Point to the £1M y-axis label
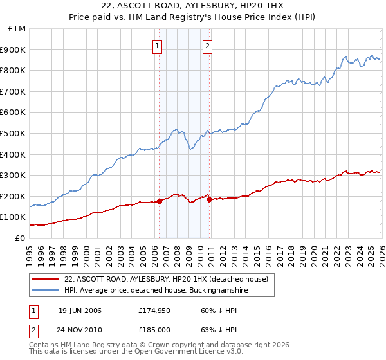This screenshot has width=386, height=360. tap(15, 29)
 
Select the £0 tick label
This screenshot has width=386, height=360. tap(19, 238)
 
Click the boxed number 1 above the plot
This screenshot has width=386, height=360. tap(158, 45)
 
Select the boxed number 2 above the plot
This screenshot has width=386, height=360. tap(208, 45)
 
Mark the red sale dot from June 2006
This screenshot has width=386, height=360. tap(159, 201)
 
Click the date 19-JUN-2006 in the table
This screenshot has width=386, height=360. tap(80, 310)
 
